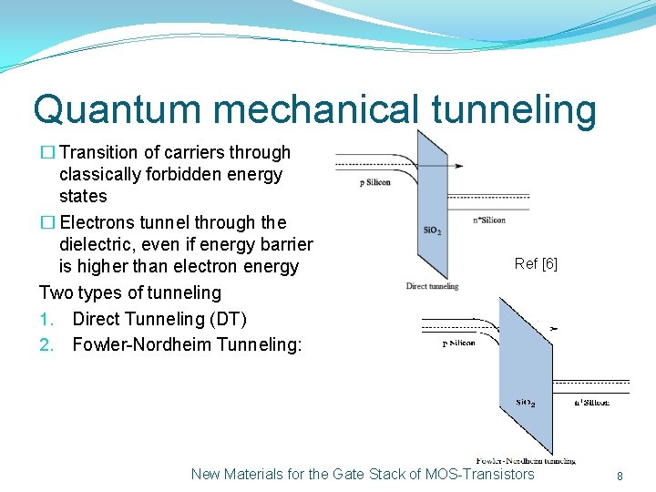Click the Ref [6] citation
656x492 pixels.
tap(536, 264)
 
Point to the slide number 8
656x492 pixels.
tap(620, 476)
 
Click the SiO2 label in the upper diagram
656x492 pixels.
tap(433, 231)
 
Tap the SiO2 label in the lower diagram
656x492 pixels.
tap(525, 402)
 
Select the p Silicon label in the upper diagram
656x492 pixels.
tap(374, 182)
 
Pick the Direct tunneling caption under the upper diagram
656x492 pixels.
tap(432, 287)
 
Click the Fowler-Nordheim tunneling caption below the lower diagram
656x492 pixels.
tap(526, 460)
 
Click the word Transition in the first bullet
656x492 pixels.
tap(97, 152)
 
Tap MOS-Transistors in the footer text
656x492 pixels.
tap(480, 474)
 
